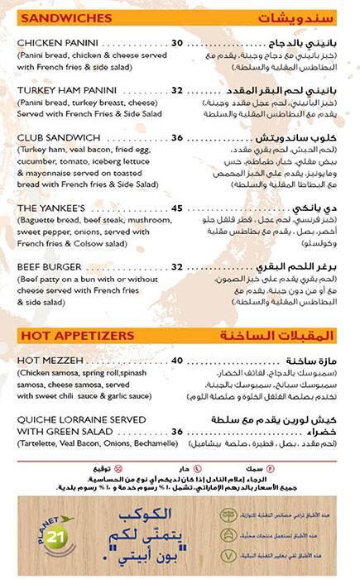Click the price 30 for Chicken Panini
177,43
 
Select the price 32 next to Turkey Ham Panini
177,90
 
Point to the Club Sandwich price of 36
177,137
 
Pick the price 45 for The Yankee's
177,208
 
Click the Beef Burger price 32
177,267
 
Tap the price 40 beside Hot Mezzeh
177,361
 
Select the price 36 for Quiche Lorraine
177,431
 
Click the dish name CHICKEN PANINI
58,43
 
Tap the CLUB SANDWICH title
58,137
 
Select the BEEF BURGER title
50,267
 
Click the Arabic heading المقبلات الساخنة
286,335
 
